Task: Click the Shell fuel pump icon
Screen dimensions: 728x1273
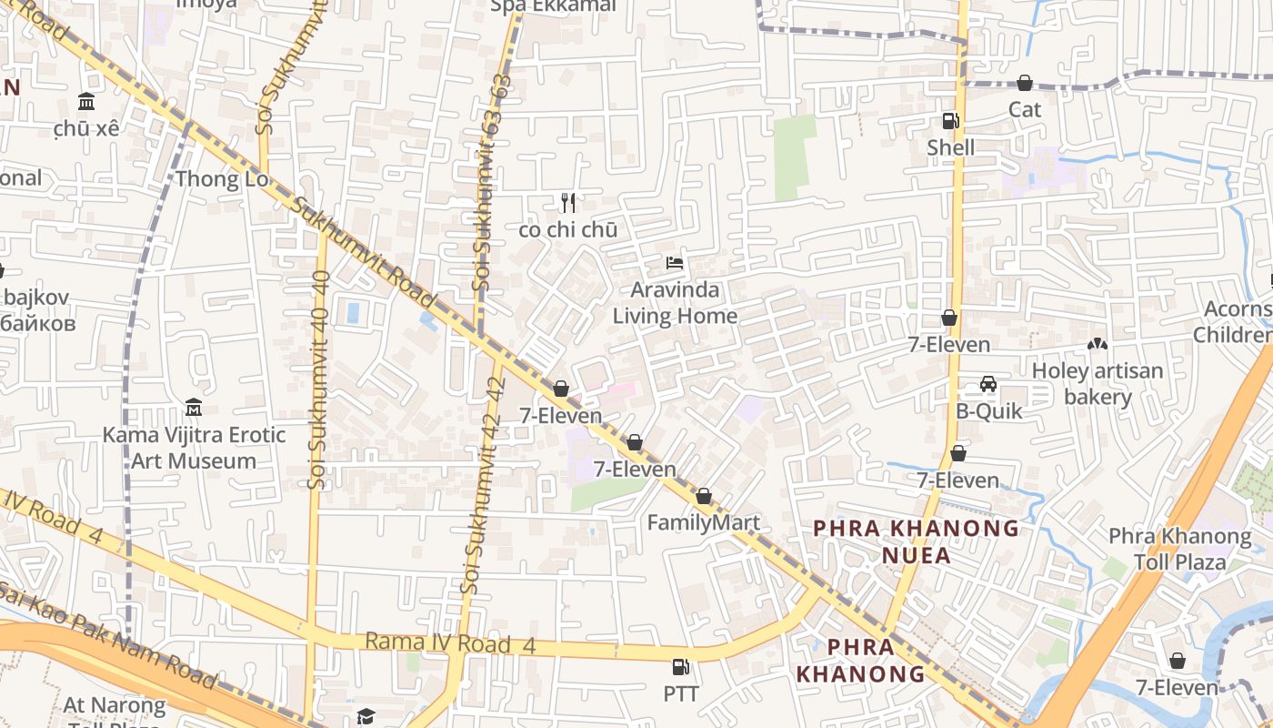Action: tap(950, 120)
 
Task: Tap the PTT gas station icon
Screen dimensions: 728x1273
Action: tap(680, 667)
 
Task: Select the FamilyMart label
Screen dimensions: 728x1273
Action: tap(703, 523)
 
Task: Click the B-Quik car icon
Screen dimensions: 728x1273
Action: tap(988, 384)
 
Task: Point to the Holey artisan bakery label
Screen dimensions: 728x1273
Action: tap(1098, 384)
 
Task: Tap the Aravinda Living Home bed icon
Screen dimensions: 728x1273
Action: tap(675, 263)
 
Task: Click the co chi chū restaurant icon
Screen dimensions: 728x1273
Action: tap(568, 202)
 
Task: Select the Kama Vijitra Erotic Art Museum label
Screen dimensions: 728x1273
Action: tap(194, 448)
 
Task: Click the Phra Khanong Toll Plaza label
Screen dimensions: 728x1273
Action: tap(1179, 549)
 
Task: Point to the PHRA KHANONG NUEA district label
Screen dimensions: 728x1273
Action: tap(916, 541)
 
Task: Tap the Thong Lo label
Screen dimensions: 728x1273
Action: tap(222, 178)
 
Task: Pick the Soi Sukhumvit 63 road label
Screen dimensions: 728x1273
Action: tap(491, 182)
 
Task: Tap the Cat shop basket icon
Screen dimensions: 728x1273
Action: tap(1025, 84)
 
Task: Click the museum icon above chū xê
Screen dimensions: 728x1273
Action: tap(86, 100)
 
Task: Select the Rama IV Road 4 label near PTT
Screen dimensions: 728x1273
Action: tap(450, 643)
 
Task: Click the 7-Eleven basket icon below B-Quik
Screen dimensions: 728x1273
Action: tap(958, 453)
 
